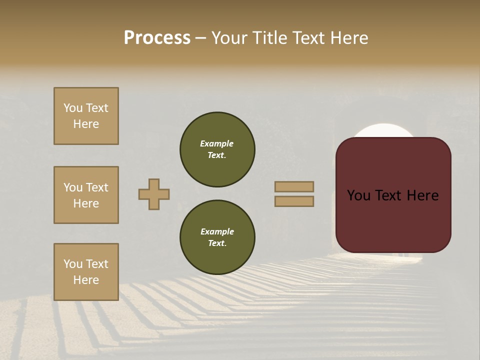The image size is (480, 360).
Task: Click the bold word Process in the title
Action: tap(157, 38)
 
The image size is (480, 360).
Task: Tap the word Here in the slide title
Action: tap(349, 38)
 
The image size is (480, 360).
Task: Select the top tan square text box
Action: tap(86, 116)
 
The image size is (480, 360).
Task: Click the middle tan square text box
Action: tap(86, 195)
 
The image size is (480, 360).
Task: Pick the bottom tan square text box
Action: tap(86, 272)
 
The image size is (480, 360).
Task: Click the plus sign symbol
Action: tap(154, 194)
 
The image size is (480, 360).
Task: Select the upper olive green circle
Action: tap(217, 149)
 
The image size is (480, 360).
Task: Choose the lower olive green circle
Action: tap(217, 237)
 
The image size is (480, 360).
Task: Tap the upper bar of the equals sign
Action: tap(294, 186)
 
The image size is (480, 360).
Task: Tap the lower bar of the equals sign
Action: tap(294, 201)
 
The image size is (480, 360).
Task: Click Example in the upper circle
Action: tap(216, 143)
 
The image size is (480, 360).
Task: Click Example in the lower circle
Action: tap(217, 231)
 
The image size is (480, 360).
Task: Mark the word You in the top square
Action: tap(72, 108)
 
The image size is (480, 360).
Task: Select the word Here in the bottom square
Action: tap(86, 280)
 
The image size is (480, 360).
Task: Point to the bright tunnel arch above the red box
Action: tap(384, 130)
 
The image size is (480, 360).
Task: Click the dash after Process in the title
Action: tap(200, 38)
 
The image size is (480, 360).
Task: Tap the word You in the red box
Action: tap(358, 195)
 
